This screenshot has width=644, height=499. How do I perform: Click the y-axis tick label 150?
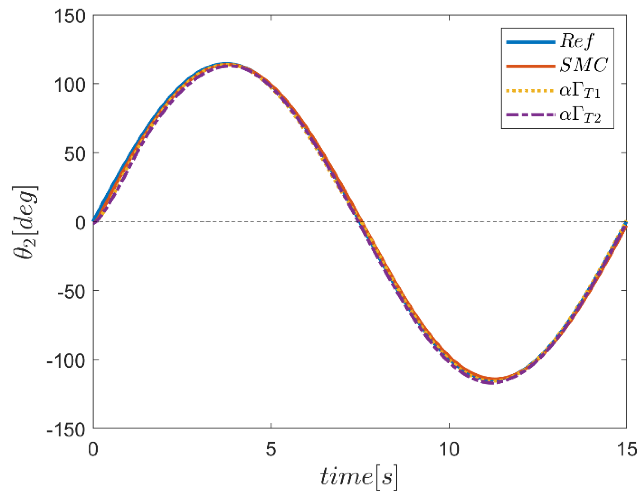pos(69,17)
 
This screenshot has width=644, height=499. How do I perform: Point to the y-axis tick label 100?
pos(69,85)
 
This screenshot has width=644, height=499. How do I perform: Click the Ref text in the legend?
pos(577,41)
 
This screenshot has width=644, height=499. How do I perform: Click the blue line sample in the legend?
pos(531,42)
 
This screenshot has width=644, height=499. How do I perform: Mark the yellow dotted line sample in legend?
pos(531,91)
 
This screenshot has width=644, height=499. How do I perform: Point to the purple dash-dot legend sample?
pos(531,115)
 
